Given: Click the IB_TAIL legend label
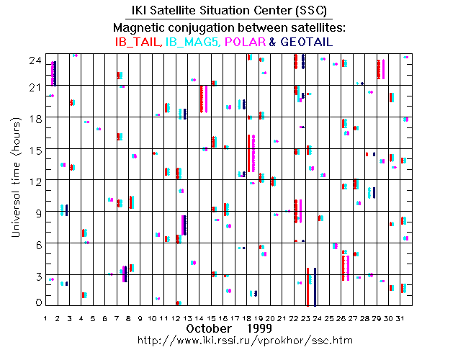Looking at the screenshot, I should [139, 42].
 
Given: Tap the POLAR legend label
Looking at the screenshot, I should [246, 42].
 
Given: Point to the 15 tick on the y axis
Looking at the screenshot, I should [35, 150].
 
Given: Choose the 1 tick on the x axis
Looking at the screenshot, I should [46, 318].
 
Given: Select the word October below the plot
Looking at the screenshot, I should [209, 328].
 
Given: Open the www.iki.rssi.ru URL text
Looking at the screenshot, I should [229, 339].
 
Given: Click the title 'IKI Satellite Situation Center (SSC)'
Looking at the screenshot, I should [228, 10].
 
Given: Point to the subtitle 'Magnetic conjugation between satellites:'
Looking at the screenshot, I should [229, 27].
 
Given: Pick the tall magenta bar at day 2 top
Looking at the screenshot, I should [55, 73].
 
